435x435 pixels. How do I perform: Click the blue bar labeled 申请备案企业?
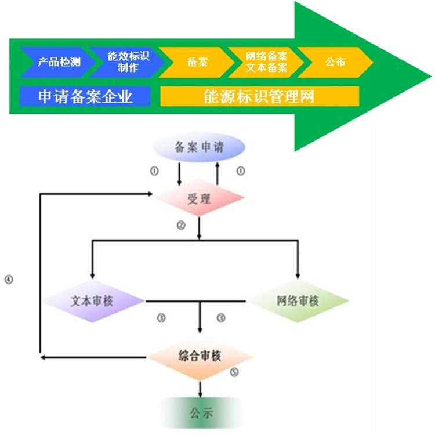tap(85, 96)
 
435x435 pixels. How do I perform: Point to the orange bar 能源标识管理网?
tap(259, 96)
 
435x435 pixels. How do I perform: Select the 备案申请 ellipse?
tap(198, 147)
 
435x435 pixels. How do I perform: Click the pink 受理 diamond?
tap(198, 200)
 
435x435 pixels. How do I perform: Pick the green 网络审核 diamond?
tap(298, 301)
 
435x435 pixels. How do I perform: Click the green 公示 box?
tap(201, 413)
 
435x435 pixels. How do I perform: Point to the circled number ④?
tap(8, 280)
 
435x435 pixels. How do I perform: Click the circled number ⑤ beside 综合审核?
tap(234, 373)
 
